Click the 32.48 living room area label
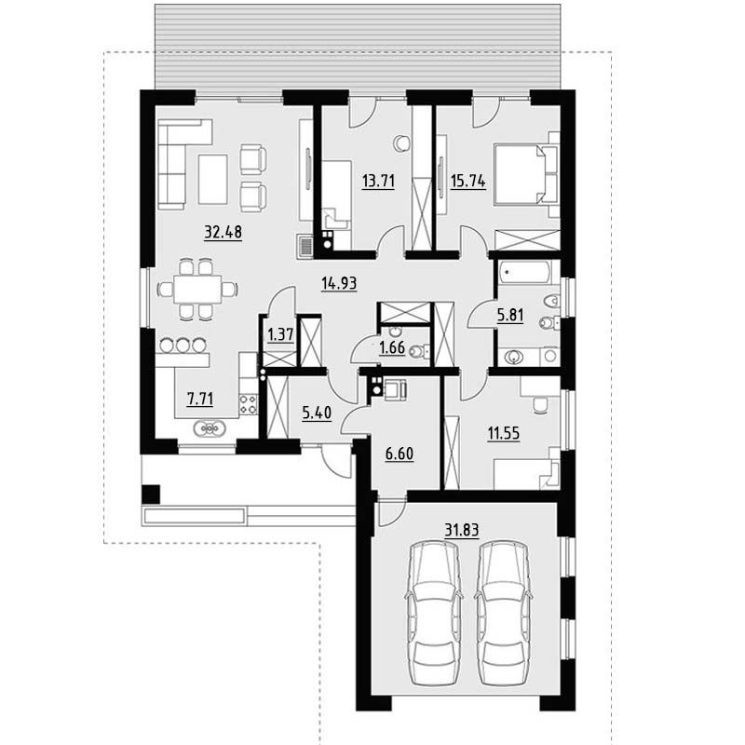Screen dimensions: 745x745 pyautogui.click(x=223, y=232)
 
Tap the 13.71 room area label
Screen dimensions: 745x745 pyautogui.click(x=378, y=181)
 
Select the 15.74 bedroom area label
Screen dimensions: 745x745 pyautogui.click(x=468, y=181)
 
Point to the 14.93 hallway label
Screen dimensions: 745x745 pyautogui.click(x=339, y=283)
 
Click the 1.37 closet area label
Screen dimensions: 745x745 pyautogui.click(x=281, y=334)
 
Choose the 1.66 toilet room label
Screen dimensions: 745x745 pyautogui.click(x=392, y=347)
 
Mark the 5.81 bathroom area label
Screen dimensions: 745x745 pyautogui.click(x=510, y=315)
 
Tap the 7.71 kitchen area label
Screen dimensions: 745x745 pyautogui.click(x=200, y=399)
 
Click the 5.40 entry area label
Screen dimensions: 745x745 pyautogui.click(x=317, y=413)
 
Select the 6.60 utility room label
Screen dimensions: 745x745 pyautogui.click(x=400, y=454)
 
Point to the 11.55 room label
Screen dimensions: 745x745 pyautogui.click(x=504, y=433)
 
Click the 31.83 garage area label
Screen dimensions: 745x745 pyautogui.click(x=461, y=529)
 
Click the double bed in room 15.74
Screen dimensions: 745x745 pyautogui.click(x=526, y=175)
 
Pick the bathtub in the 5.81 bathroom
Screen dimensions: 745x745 pyautogui.click(x=524, y=273)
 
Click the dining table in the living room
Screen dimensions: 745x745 pyautogui.click(x=197, y=289)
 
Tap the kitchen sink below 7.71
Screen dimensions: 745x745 pyautogui.click(x=210, y=429)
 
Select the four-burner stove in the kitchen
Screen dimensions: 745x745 pyautogui.click(x=248, y=404)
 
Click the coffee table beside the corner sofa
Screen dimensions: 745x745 pyautogui.click(x=213, y=179)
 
